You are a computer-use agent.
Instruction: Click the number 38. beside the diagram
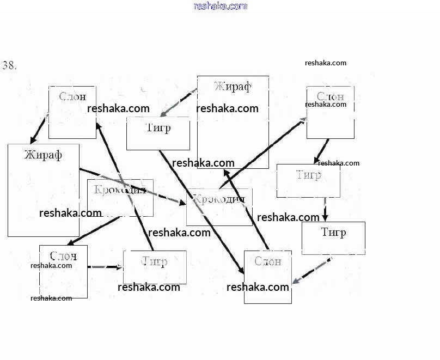coord(9,65)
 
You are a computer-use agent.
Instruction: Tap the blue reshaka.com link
coord(220,7)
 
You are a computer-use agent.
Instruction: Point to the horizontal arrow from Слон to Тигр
coord(105,267)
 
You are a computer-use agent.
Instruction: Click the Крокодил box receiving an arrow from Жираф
coord(219,207)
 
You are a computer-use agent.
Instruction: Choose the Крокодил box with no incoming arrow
coord(120,198)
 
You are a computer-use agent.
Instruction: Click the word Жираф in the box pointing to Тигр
coord(233,87)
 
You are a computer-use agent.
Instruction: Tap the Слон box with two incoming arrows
coord(267,277)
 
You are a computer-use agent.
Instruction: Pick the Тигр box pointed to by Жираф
coord(158,133)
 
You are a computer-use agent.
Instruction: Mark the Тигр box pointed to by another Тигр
coord(333,238)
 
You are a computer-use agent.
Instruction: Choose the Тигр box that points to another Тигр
coord(308,181)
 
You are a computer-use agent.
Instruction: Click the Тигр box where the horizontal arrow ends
coord(155,267)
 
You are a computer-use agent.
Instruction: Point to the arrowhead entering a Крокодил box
coord(182,203)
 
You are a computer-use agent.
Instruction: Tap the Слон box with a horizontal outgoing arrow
coord(63,271)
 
